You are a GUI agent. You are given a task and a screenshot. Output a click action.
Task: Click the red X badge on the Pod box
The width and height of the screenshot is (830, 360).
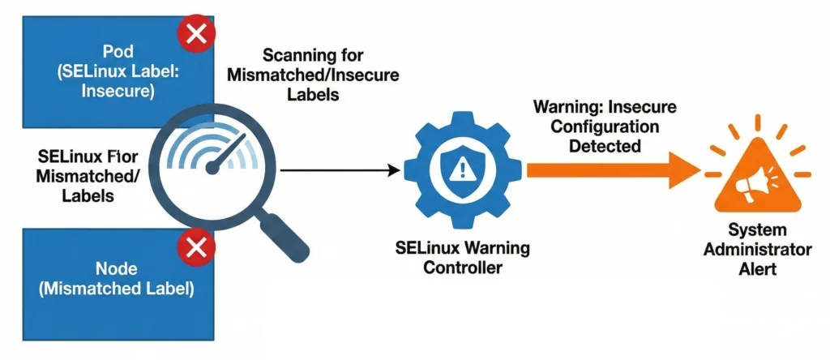pos(196,34)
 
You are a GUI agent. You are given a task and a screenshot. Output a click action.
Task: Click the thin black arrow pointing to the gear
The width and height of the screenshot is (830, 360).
pos(340,170)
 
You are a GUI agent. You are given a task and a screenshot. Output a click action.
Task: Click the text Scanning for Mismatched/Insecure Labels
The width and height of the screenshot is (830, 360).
pos(314,75)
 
